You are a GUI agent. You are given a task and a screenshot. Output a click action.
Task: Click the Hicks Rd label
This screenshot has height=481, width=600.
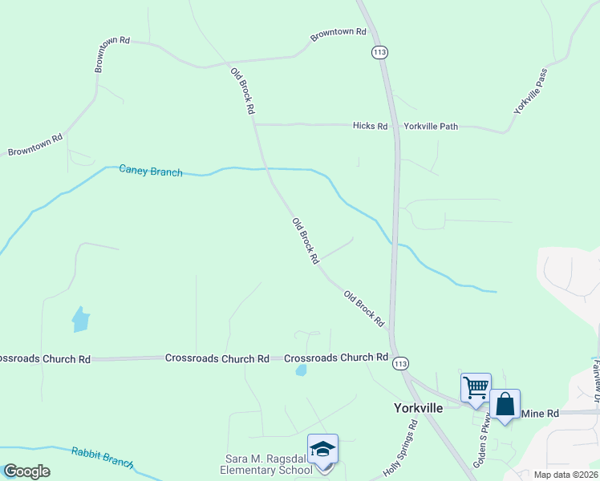371,126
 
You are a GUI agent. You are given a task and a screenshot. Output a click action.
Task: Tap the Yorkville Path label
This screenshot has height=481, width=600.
431,126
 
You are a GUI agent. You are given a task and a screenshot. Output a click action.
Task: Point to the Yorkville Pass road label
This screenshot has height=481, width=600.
530,91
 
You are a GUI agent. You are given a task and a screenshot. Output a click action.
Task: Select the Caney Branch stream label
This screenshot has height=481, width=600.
150,171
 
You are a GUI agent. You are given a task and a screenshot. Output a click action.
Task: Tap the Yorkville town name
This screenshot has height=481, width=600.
419,407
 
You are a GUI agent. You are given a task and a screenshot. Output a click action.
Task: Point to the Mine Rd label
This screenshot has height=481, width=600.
540,413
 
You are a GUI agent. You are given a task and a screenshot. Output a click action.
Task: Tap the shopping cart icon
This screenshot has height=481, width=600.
476,388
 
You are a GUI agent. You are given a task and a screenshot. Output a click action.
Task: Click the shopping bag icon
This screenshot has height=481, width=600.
505,404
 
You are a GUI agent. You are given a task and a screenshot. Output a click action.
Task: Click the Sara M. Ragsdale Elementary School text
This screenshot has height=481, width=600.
267,464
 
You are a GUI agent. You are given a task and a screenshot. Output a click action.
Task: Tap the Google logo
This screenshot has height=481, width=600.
26,471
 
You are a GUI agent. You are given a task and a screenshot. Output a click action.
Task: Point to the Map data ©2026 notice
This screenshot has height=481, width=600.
565,475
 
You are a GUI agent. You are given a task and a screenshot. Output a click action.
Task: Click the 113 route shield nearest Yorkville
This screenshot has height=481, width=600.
399,364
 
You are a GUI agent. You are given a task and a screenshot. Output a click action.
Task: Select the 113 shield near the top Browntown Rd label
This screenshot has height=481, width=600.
379,52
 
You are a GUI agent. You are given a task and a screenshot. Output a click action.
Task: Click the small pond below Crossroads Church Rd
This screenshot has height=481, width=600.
301,370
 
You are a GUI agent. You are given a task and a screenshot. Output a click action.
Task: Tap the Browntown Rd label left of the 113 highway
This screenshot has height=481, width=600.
339,33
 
